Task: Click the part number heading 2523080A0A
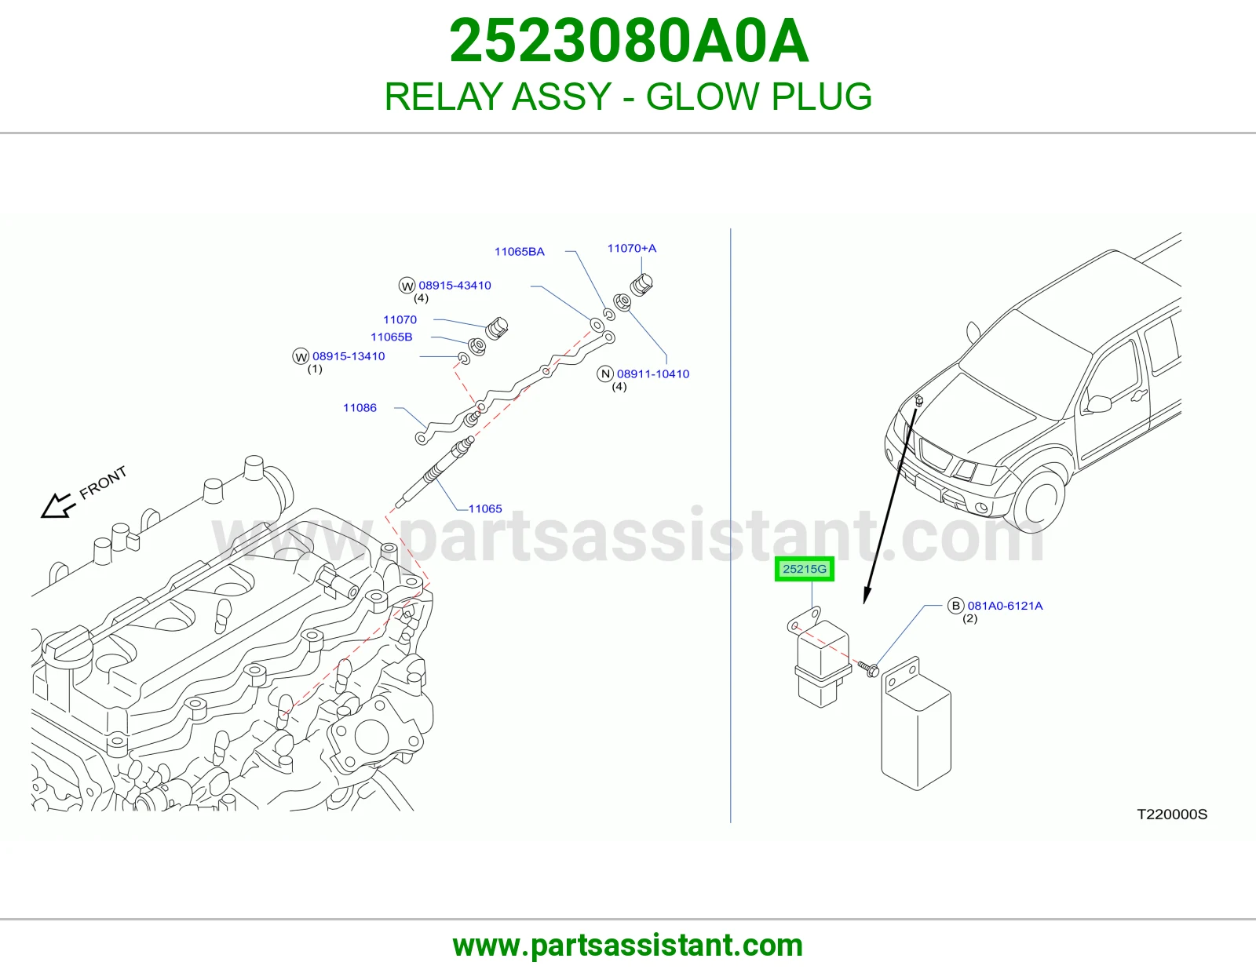[x=628, y=41]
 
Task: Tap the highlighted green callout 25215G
[x=804, y=569]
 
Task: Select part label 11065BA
[x=519, y=251]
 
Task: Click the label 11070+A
[x=631, y=248]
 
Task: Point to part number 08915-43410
[x=455, y=285]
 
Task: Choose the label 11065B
[x=391, y=337]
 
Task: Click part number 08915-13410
[x=349, y=356]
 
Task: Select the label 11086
[x=360, y=407]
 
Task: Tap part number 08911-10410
[x=652, y=374]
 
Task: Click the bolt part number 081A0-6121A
[x=1005, y=606]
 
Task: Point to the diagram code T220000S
[x=1172, y=814]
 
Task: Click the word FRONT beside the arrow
[x=103, y=483]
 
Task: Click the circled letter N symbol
[x=605, y=374]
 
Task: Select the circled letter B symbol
[x=955, y=606]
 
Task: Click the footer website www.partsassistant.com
[x=628, y=946]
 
